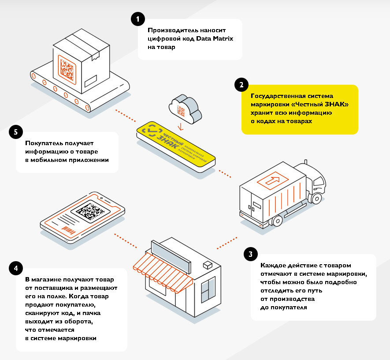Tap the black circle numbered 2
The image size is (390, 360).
[x=241, y=85]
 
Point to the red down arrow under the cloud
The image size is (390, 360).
[x=180, y=127]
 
